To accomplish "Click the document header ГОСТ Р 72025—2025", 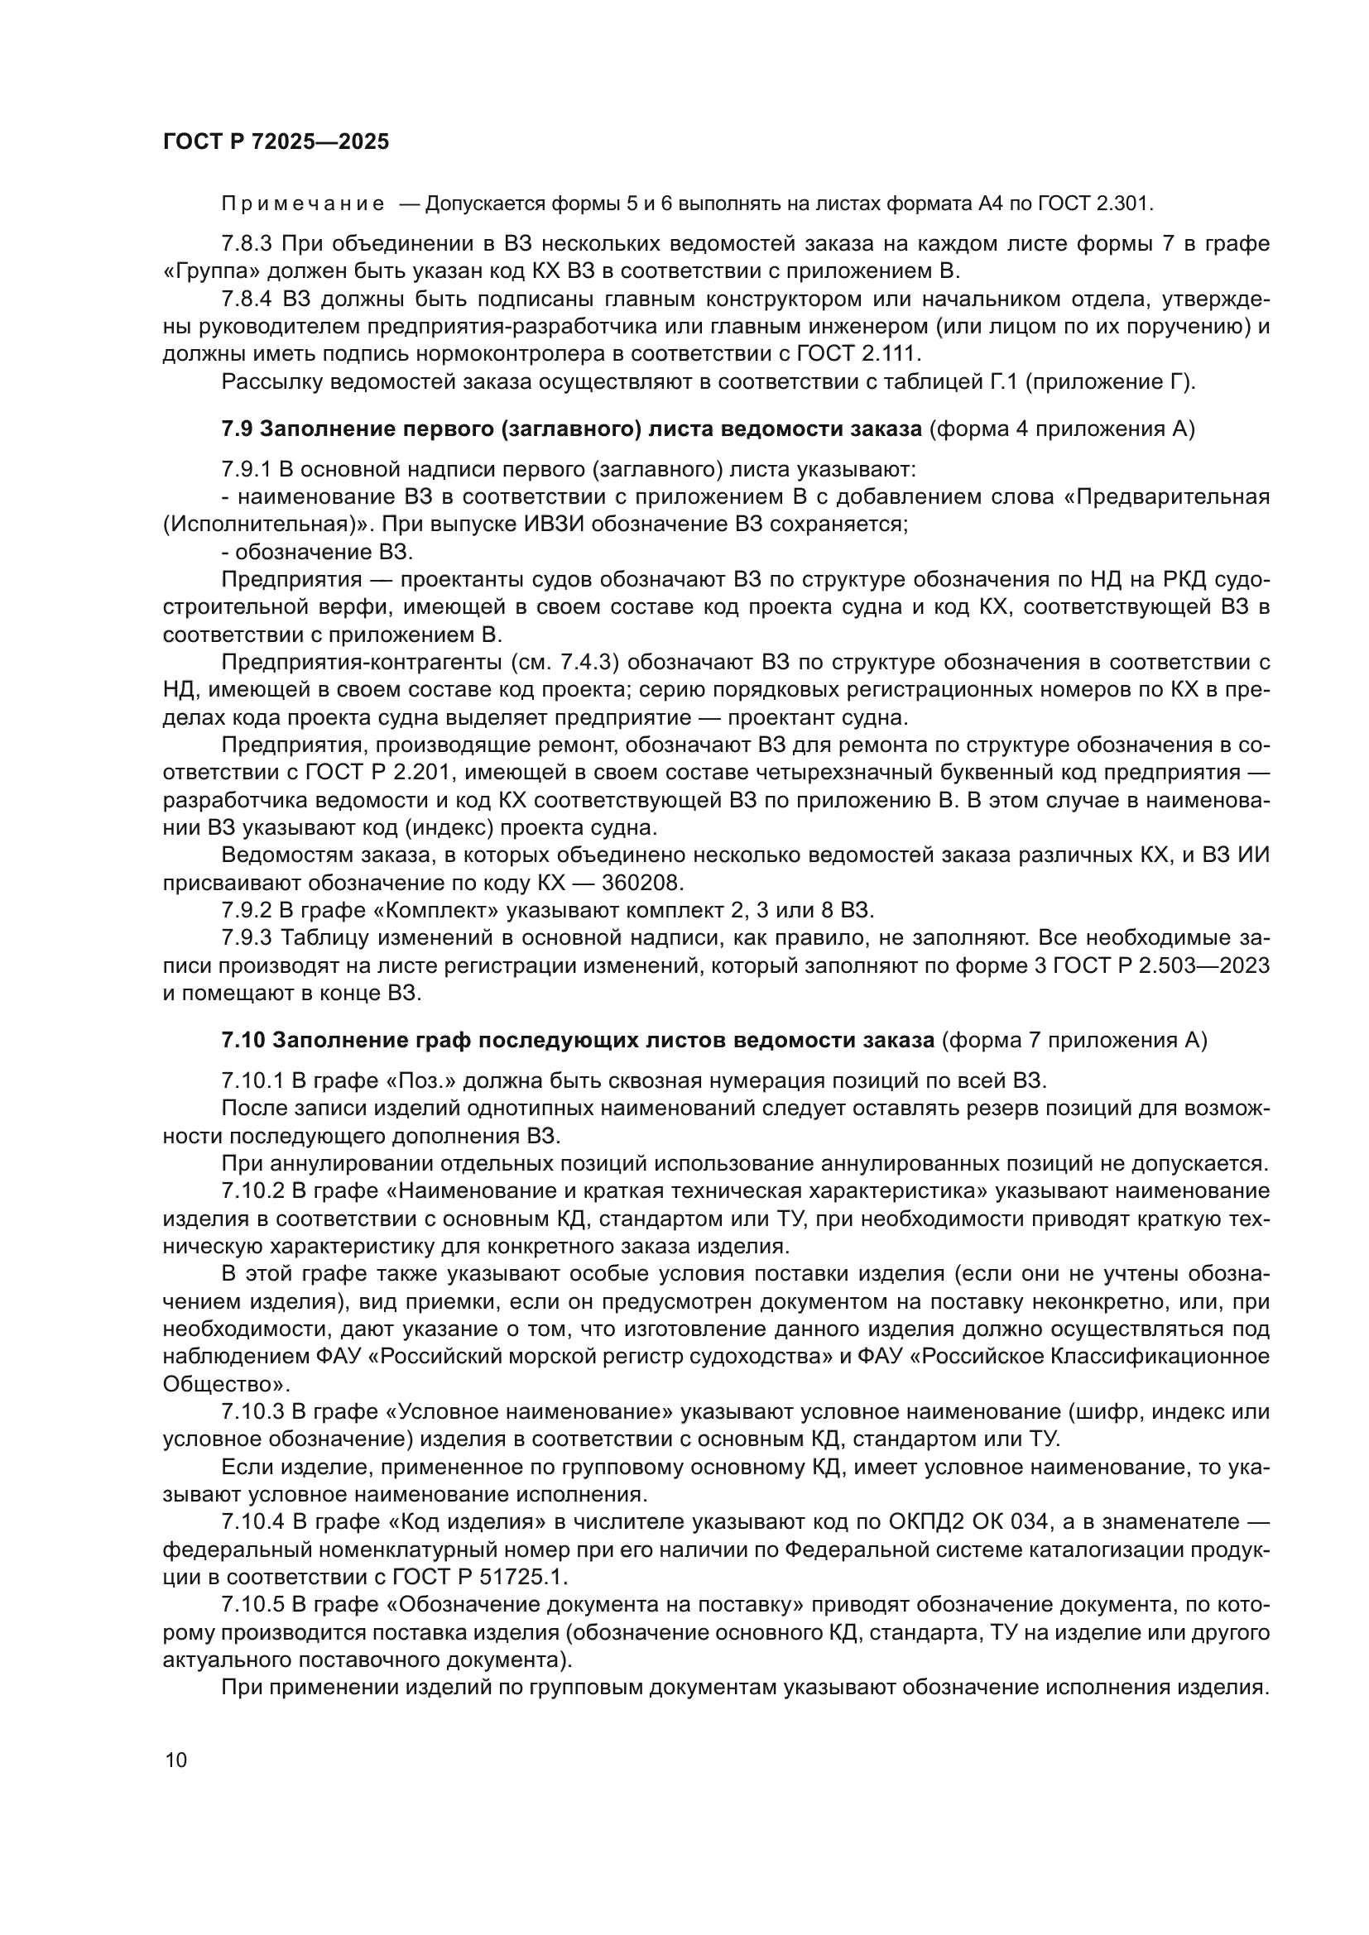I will coord(276,141).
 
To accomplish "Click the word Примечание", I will coord(303,204).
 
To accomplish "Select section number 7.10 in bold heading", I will coord(243,1041).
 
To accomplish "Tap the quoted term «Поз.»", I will coord(420,1081).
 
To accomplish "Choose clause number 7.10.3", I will coord(252,1411).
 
